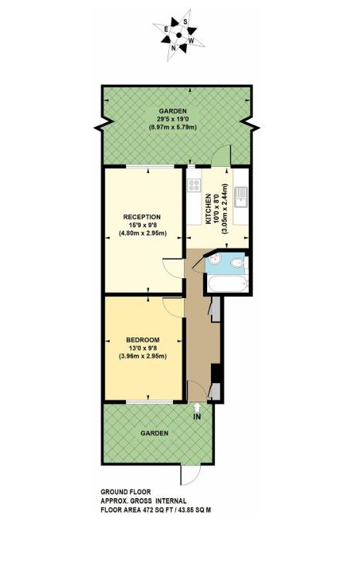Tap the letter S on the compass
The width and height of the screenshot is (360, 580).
coord(185,22)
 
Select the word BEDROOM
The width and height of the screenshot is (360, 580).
coord(144,341)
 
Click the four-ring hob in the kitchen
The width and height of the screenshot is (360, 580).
coord(192,186)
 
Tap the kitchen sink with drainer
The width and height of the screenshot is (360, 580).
coord(242,199)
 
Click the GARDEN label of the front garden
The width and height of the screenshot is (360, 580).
coord(155,433)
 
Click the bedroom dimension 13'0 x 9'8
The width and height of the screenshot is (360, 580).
coord(144,349)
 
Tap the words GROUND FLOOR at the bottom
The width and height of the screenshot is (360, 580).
coord(126,492)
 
